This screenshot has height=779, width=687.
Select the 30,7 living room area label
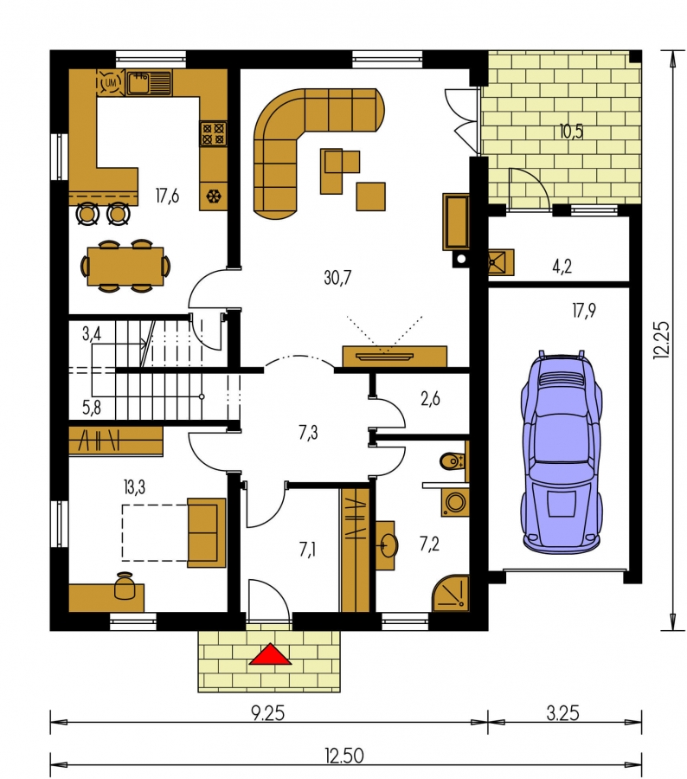337,277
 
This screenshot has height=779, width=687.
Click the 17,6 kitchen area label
167,196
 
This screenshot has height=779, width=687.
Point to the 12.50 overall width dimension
344,756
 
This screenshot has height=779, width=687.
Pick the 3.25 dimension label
562,714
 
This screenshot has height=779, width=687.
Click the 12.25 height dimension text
662,340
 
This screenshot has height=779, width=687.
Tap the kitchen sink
149,82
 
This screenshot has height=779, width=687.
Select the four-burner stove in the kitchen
214,133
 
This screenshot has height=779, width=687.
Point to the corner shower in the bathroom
451,593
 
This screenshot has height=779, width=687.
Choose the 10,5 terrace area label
571,132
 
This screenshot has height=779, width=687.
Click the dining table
125,267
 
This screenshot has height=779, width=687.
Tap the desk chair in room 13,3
125,586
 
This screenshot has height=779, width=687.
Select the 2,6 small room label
430,399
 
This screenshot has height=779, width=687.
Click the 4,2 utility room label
562,267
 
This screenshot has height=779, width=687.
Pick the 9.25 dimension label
268,714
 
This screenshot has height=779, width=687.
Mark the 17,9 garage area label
584,311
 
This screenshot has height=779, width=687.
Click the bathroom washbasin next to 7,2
386,545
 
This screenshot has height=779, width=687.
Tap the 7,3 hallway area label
308,433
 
